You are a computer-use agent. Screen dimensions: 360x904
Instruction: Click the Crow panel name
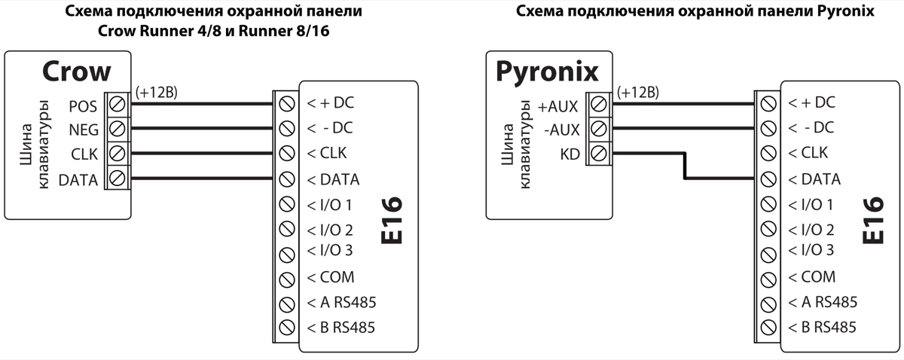click(76, 71)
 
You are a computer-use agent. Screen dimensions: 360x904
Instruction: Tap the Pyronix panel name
click(546, 72)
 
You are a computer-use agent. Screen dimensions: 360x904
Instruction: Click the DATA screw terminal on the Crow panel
click(118, 179)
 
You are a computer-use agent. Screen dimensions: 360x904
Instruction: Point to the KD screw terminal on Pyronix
click(600, 154)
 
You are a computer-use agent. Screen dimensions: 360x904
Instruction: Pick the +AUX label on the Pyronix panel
click(557, 106)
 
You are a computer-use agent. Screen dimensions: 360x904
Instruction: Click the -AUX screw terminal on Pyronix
click(600, 129)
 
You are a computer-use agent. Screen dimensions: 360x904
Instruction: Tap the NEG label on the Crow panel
click(83, 129)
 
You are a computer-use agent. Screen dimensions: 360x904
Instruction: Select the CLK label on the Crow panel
click(83, 154)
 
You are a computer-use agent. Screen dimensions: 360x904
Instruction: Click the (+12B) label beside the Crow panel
click(157, 92)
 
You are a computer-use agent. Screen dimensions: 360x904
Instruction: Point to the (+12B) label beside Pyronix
click(637, 92)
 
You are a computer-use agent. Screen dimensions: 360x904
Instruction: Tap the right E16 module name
click(873, 219)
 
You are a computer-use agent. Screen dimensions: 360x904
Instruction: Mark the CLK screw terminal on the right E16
click(767, 154)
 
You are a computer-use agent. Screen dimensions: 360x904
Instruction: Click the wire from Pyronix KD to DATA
click(684, 167)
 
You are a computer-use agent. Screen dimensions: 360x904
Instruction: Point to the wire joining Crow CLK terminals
click(200, 154)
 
